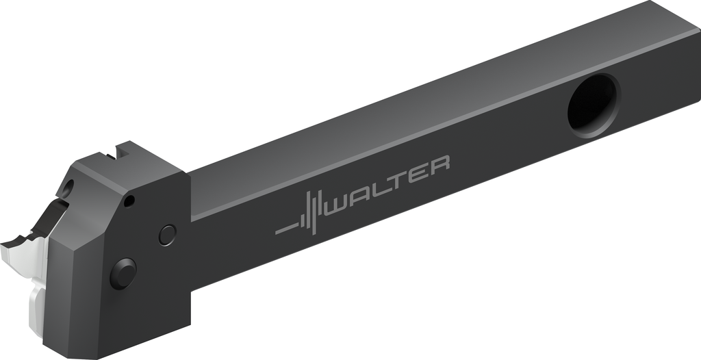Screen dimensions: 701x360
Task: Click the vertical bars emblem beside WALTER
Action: click(311, 212)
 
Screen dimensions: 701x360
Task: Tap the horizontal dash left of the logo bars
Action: click(287, 229)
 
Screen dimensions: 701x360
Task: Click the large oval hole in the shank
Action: click(594, 105)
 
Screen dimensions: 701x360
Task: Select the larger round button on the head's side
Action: click(123, 274)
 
